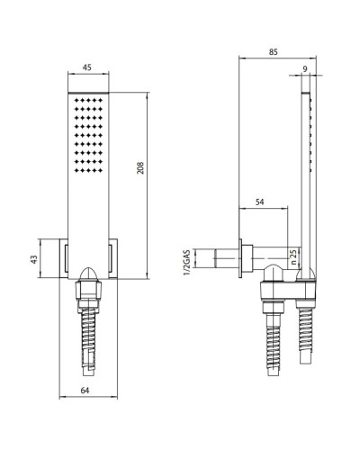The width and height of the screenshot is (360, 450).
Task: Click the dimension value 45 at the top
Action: pos(87,67)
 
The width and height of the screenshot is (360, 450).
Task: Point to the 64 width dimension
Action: pos(87,390)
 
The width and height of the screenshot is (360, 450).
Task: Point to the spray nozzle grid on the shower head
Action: pos(87,135)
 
